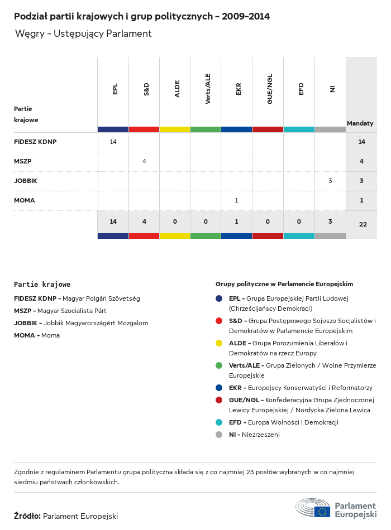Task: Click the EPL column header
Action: tap(115, 89)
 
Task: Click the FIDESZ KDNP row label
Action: tap(35, 142)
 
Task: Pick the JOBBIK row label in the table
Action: tap(26, 181)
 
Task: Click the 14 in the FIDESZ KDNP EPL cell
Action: tap(113, 142)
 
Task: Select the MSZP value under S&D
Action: tap(144, 161)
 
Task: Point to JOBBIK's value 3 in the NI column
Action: tap(330, 181)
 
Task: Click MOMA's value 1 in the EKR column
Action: tap(237, 200)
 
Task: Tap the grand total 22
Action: tap(363, 224)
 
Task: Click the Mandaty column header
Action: tap(360, 123)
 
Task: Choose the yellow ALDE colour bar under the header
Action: tap(175, 129)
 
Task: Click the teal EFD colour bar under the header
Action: tap(299, 129)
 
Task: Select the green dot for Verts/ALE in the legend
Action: tap(219, 365)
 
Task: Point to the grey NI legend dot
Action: tap(219, 435)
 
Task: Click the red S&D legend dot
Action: tap(219, 321)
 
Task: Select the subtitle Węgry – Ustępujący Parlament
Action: tap(83, 33)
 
